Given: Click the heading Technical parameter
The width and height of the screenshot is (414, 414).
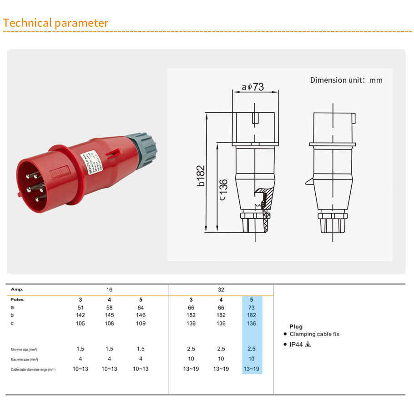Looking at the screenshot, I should [x=56, y=23].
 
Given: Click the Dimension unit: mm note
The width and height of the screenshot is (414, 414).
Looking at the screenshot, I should [x=346, y=80].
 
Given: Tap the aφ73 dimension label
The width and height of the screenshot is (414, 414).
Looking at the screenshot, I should [x=253, y=87].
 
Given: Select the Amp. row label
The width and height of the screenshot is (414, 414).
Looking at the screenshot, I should [x=17, y=289].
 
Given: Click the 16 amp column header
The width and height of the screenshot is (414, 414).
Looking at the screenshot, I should [x=109, y=289].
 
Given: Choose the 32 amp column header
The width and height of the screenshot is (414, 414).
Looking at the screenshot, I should [x=221, y=289].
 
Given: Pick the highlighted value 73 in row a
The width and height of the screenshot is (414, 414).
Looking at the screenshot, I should [x=252, y=308].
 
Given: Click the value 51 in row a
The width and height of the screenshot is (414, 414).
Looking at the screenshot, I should [x=81, y=308].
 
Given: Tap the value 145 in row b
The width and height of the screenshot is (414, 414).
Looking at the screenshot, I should [x=109, y=315].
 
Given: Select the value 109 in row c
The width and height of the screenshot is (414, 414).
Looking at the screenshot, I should [x=141, y=324].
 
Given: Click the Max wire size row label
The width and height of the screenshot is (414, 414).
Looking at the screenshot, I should [x=24, y=359].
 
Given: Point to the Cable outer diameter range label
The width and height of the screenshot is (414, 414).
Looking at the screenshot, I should [x=33, y=369].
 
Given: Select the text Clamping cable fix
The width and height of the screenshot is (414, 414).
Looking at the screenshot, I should [x=314, y=334].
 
